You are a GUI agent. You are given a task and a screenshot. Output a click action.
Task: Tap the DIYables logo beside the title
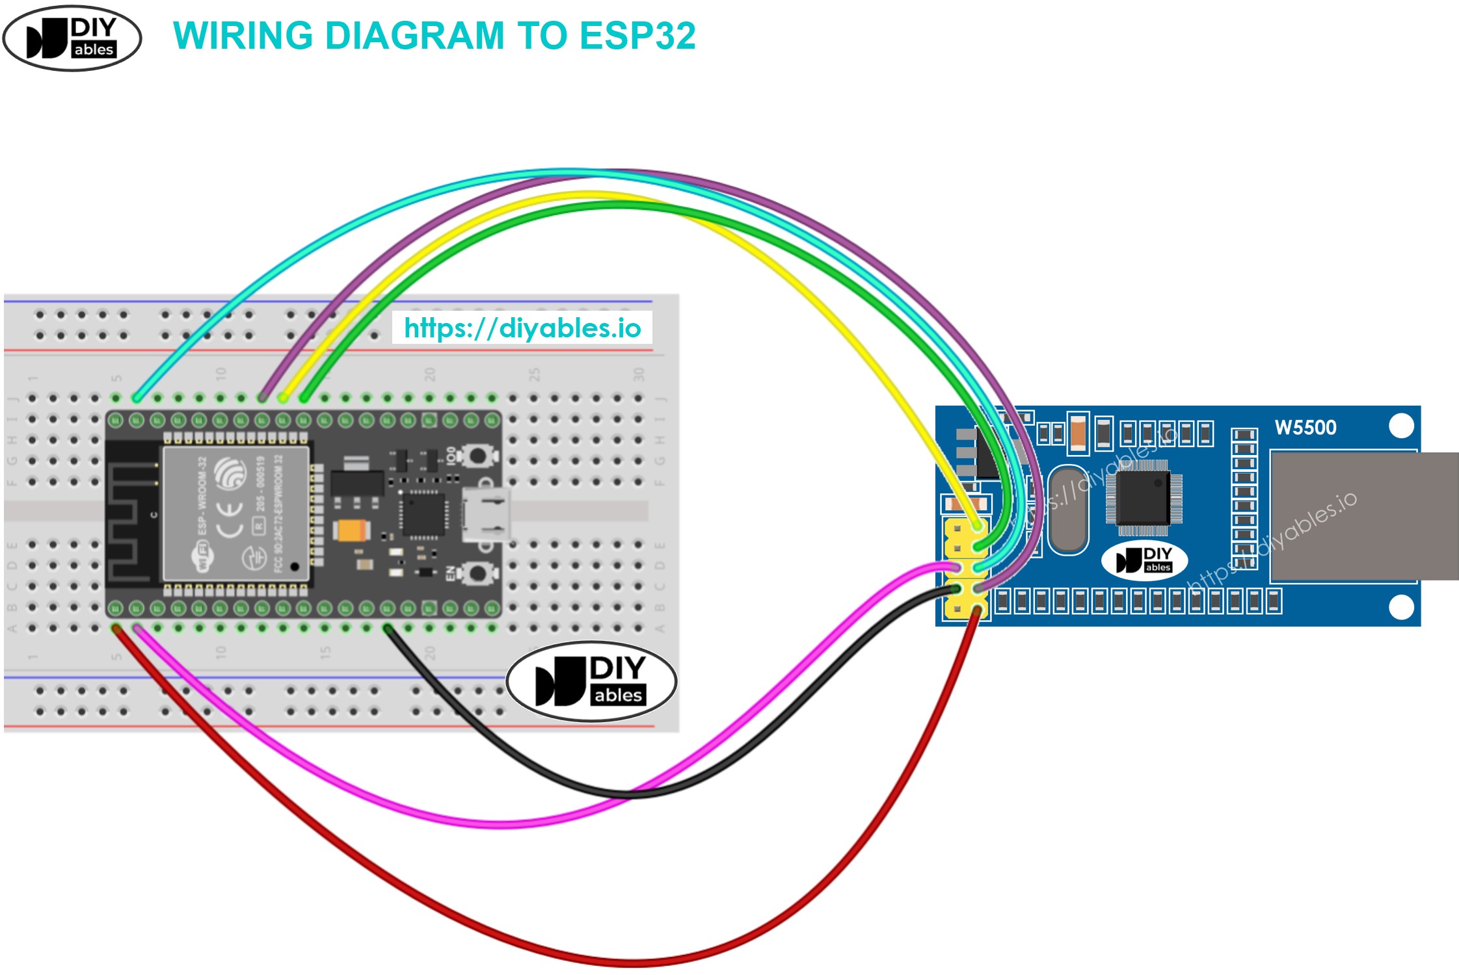(72, 38)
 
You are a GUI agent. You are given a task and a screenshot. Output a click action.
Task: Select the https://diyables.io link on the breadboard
(522, 328)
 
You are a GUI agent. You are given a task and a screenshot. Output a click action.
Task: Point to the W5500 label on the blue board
(1305, 428)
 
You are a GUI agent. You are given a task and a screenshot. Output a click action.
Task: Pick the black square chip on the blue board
(1143, 497)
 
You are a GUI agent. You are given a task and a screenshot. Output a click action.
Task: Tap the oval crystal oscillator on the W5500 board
(1067, 510)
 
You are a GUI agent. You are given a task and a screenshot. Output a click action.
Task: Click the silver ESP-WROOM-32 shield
(235, 513)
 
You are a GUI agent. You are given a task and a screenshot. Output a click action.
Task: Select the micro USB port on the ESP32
(485, 515)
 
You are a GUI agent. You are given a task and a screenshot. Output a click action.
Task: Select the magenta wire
(494, 824)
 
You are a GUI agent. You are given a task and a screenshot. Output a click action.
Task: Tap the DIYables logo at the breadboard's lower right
(591, 681)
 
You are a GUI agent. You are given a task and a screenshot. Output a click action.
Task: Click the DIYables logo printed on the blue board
(1144, 560)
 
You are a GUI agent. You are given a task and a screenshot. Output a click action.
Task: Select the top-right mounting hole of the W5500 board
(1400, 426)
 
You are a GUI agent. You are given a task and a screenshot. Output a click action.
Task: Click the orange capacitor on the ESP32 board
(351, 530)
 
